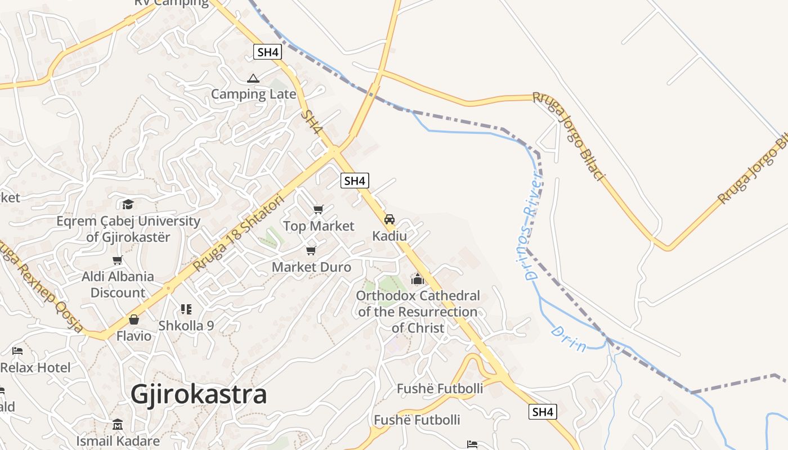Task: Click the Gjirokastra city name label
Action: click(x=199, y=394)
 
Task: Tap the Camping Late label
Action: click(x=253, y=94)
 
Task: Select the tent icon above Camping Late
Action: click(x=253, y=78)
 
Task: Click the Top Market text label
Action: click(x=319, y=226)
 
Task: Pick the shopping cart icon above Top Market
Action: click(x=319, y=210)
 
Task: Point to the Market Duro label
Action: click(x=311, y=267)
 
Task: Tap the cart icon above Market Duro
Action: click(x=311, y=251)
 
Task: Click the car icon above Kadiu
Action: click(x=389, y=219)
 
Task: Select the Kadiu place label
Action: click(x=389, y=236)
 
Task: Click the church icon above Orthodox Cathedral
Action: click(x=418, y=278)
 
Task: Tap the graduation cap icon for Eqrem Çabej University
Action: click(x=128, y=204)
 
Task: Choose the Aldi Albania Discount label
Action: click(x=118, y=285)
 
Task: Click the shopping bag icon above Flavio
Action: click(x=134, y=320)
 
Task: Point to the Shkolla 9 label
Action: click(x=186, y=325)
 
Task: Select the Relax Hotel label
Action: click(x=35, y=368)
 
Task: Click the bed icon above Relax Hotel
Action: click(x=17, y=352)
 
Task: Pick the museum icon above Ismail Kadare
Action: click(x=118, y=424)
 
